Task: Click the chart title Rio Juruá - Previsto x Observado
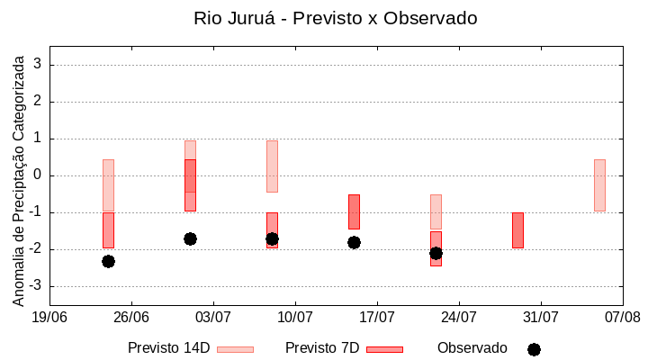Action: pyautogui.click(x=336, y=18)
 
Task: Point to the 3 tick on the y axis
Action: pyautogui.click(x=38, y=65)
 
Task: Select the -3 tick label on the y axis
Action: pyautogui.click(x=35, y=286)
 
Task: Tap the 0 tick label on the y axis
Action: pyautogui.click(x=38, y=175)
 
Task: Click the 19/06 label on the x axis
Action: pyautogui.click(x=49, y=317)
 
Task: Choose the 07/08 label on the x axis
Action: pyautogui.click(x=622, y=317)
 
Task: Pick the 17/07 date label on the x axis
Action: pyautogui.click(x=376, y=317)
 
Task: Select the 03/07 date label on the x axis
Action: pyautogui.click(x=213, y=317)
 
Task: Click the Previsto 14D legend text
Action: pyautogui.click(x=169, y=348)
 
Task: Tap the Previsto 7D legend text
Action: pyautogui.click(x=322, y=348)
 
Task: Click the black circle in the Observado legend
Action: pyautogui.click(x=534, y=349)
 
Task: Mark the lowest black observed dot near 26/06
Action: pyautogui.click(x=108, y=261)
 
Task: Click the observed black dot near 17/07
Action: pyautogui.click(x=354, y=242)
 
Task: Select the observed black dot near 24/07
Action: pyautogui.click(x=436, y=253)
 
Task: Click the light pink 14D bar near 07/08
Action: pyautogui.click(x=599, y=185)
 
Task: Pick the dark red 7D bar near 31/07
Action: pyautogui.click(x=517, y=230)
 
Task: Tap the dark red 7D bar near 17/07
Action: pyautogui.click(x=354, y=211)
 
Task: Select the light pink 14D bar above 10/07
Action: pyautogui.click(x=272, y=166)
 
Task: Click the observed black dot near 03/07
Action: pyautogui.click(x=190, y=238)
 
